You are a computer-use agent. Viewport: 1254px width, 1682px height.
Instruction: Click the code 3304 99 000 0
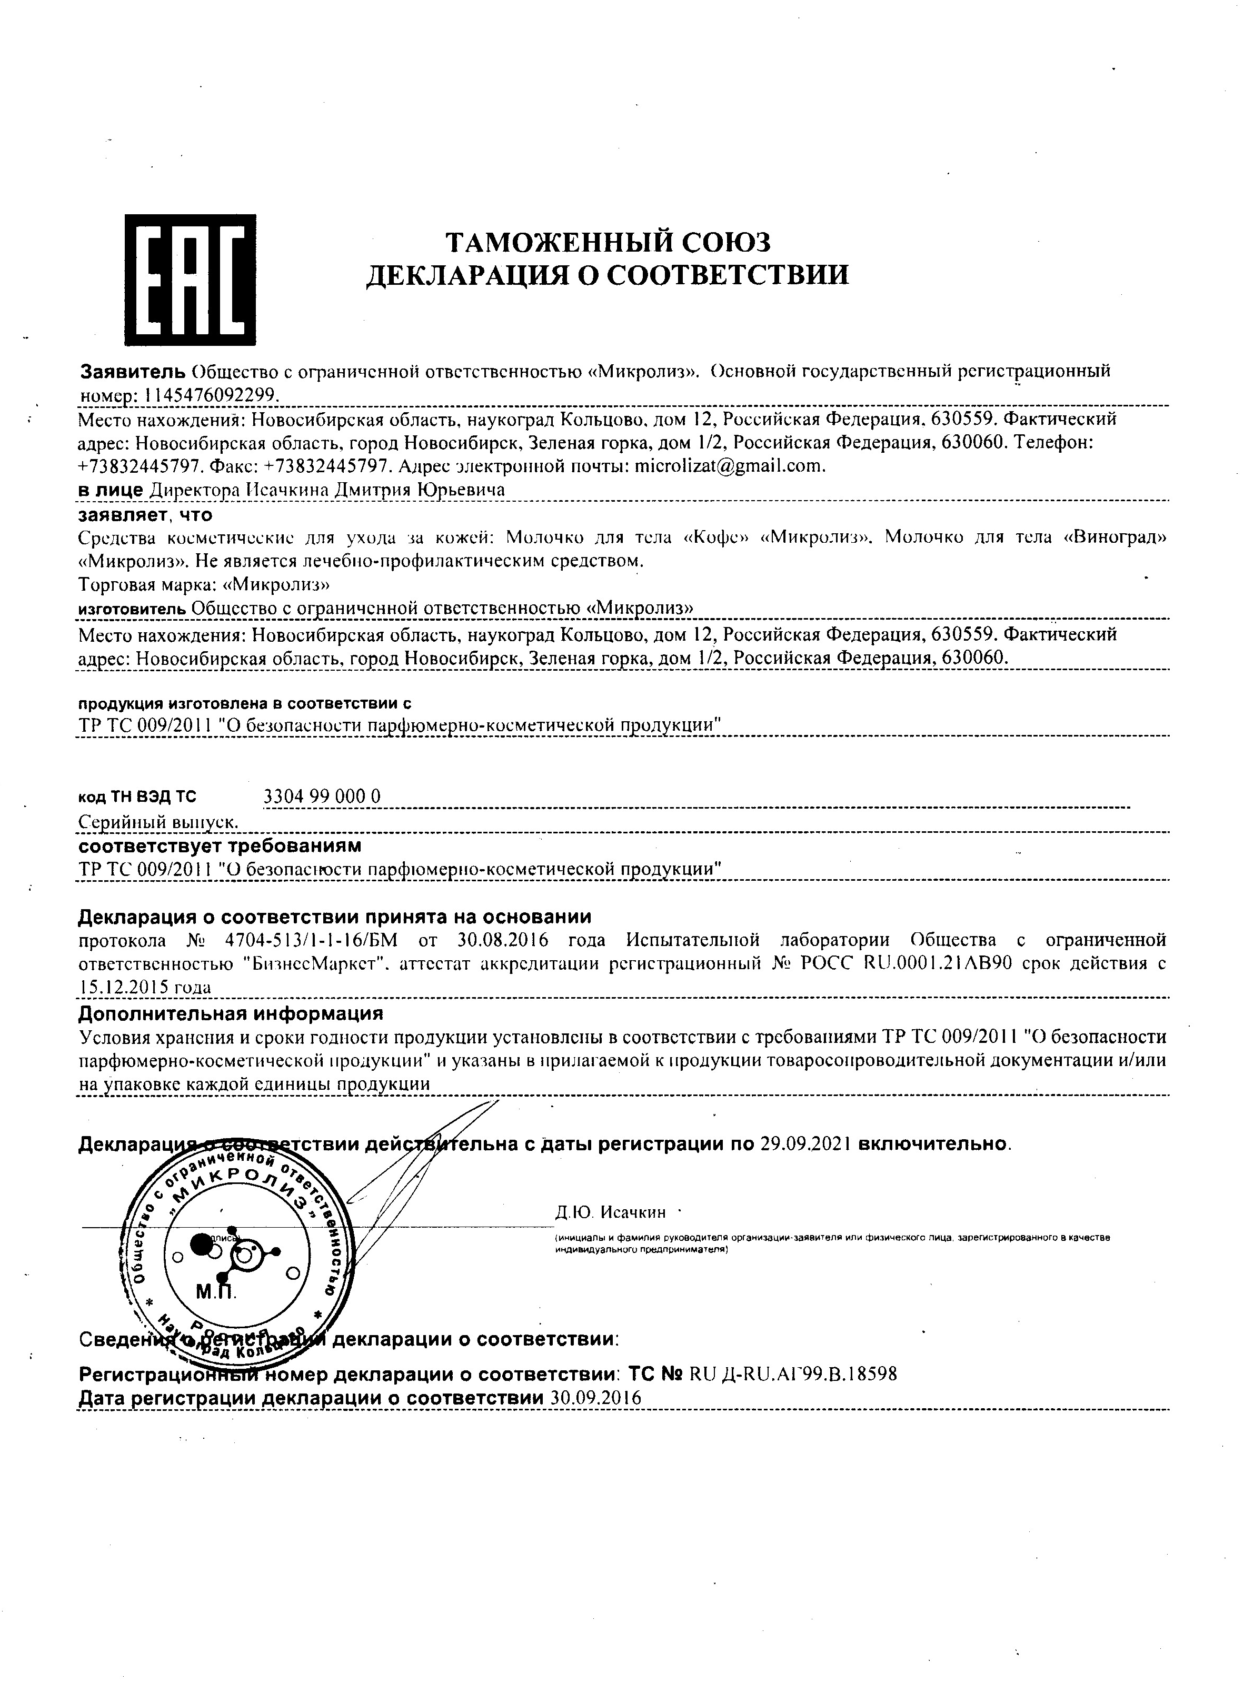pyautogui.click(x=321, y=796)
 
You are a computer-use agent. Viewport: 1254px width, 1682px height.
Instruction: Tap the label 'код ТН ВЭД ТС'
pyautogui.click(x=137, y=797)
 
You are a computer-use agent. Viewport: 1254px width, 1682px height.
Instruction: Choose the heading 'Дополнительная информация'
pyautogui.click(x=231, y=1014)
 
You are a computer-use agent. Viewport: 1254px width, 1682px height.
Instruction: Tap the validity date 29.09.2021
pyautogui.click(x=805, y=1144)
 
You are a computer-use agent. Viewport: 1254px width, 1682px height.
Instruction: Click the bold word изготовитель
pyautogui.click(x=132, y=609)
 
